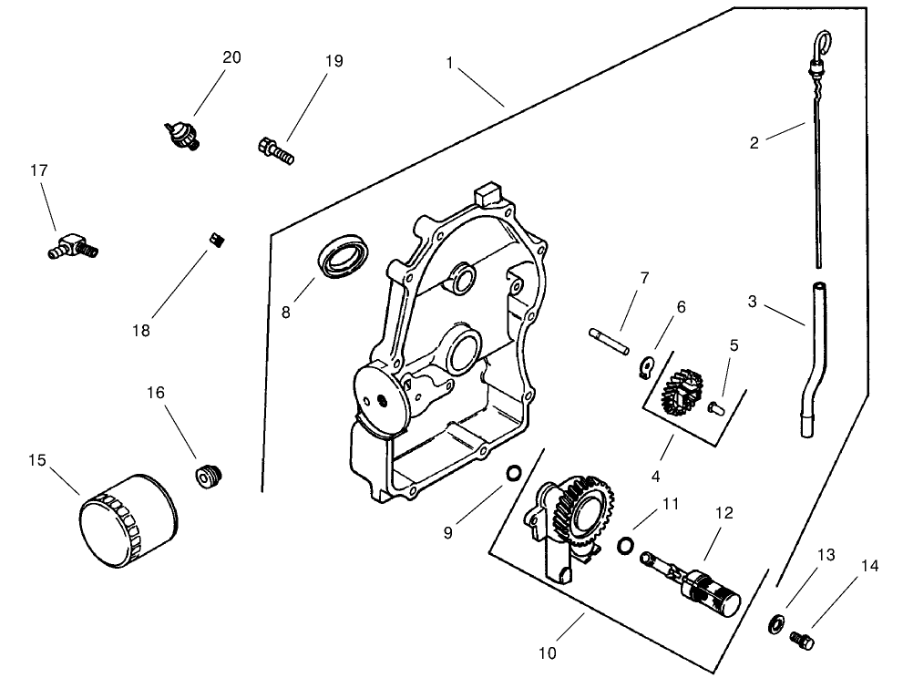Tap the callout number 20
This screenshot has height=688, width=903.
[x=231, y=57]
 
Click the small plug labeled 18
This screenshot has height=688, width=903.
[x=218, y=240]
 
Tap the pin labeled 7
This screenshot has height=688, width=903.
[x=610, y=338]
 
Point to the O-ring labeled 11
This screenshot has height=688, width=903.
[x=624, y=545]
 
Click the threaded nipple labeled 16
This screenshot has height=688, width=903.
[x=210, y=475]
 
